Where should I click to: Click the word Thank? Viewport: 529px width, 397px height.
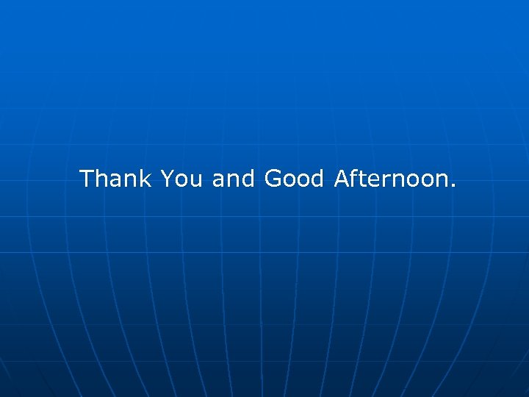click(x=115, y=178)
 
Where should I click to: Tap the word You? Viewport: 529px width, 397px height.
click(x=181, y=178)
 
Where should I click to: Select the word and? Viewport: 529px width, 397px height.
click(x=233, y=178)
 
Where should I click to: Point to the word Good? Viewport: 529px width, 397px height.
click(x=294, y=178)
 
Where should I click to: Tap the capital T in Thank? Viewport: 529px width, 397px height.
click(x=87, y=178)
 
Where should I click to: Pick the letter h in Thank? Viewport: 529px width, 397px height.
click(x=102, y=178)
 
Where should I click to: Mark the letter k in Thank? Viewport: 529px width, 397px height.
click(x=145, y=178)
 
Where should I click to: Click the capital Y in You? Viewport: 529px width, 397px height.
click(x=168, y=178)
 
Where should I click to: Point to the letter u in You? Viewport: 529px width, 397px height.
click(x=195, y=180)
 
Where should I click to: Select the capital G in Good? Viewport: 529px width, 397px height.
click(x=273, y=178)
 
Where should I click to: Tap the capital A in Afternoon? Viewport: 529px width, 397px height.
click(x=342, y=178)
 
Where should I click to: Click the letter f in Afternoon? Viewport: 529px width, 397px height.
click(x=356, y=177)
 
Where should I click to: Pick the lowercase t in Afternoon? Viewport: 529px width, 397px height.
click(x=364, y=179)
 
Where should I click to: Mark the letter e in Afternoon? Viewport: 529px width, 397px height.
click(x=376, y=180)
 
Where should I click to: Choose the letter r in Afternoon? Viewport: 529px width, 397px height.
click(x=388, y=180)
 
